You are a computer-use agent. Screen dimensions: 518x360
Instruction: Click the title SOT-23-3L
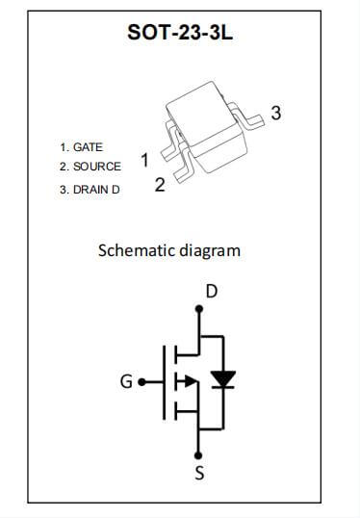pyautogui.click(x=180, y=33)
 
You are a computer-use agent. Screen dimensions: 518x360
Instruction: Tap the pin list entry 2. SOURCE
pyautogui.click(x=90, y=167)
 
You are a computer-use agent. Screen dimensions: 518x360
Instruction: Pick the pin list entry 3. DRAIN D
pyautogui.click(x=90, y=190)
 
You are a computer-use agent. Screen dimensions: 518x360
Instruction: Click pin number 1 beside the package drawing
pyautogui.click(x=144, y=160)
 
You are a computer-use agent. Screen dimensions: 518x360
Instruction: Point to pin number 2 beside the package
pyautogui.click(x=160, y=185)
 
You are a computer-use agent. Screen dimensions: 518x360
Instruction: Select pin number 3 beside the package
pyautogui.click(x=276, y=114)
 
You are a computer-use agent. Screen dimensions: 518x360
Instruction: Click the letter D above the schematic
pyautogui.click(x=212, y=290)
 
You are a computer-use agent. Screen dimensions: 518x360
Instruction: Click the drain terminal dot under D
pyautogui.click(x=199, y=310)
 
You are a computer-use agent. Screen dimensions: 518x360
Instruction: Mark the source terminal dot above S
pyautogui.click(x=199, y=453)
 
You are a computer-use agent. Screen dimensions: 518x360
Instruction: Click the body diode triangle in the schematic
pyautogui.click(x=223, y=379)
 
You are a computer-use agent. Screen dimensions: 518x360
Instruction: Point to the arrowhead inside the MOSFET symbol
pyautogui.click(x=193, y=381)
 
